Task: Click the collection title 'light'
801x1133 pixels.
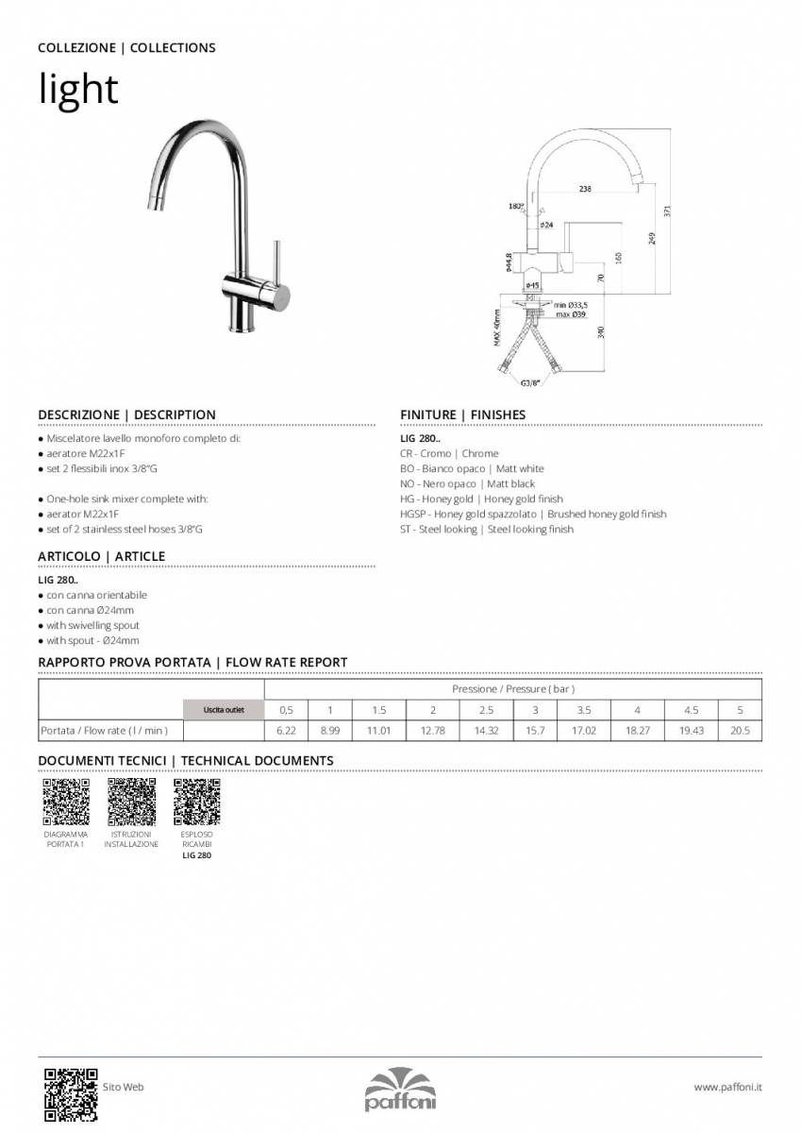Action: (x=78, y=90)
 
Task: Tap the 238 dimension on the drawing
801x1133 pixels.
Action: (x=585, y=189)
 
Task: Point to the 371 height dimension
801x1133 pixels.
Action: (x=667, y=212)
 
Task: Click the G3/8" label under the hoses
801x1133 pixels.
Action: (x=530, y=383)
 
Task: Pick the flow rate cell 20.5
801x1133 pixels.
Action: (x=740, y=731)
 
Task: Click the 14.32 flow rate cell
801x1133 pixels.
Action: (x=487, y=731)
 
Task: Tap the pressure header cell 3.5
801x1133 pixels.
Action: (x=583, y=710)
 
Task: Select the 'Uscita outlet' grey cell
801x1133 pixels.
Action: (x=224, y=710)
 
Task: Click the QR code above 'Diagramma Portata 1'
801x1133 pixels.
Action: (x=66, y=803)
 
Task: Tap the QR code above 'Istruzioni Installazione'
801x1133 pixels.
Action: (x=131, y=803)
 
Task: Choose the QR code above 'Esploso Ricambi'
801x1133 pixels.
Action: (x=196, y=803)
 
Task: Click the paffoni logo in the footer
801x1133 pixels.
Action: (x=400, y=1091)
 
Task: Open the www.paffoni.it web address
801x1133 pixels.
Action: (x=727, y=1088)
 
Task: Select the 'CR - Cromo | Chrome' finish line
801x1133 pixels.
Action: (x=449, y=454)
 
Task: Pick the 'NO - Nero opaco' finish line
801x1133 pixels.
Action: (x=467, y=484)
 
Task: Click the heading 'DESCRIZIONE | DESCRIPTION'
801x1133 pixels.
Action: (x=126, y=414)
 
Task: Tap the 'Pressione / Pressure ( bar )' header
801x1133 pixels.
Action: (x=512, y=689)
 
